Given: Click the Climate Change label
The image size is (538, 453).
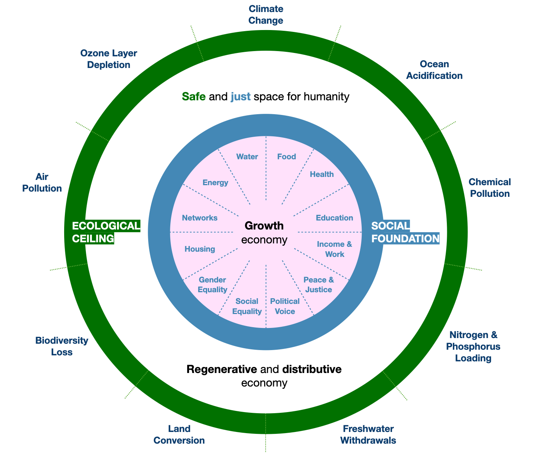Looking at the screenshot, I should (266, 15).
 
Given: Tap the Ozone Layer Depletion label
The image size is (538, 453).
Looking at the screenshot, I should (109, 59).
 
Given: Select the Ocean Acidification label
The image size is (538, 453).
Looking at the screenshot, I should (434, 70).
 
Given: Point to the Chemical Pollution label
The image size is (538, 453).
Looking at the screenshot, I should (490, 188).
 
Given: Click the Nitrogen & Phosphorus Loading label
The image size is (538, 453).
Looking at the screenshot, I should (473, 346).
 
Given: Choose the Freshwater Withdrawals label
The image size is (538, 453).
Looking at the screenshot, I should (368, 435).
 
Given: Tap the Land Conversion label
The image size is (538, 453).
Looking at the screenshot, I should (179, 435).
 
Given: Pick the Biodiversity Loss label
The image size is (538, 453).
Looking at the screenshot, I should (62, 346).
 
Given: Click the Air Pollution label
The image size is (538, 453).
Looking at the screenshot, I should (42, 183).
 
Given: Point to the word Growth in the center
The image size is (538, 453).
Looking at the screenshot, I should (264, 226).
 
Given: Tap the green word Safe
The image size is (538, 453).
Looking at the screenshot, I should (194, 97).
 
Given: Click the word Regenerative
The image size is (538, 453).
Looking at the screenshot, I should (221, 370).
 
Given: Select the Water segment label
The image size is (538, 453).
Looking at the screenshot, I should (247, 157).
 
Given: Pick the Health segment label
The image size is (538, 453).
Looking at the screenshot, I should (322, 174).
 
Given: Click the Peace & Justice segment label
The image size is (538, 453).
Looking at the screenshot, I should (319, 285).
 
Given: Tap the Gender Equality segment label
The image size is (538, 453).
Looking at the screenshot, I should (212, 285).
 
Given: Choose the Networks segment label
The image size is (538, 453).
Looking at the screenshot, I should (200, 218).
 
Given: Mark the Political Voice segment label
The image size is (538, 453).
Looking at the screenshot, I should (285, 306).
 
